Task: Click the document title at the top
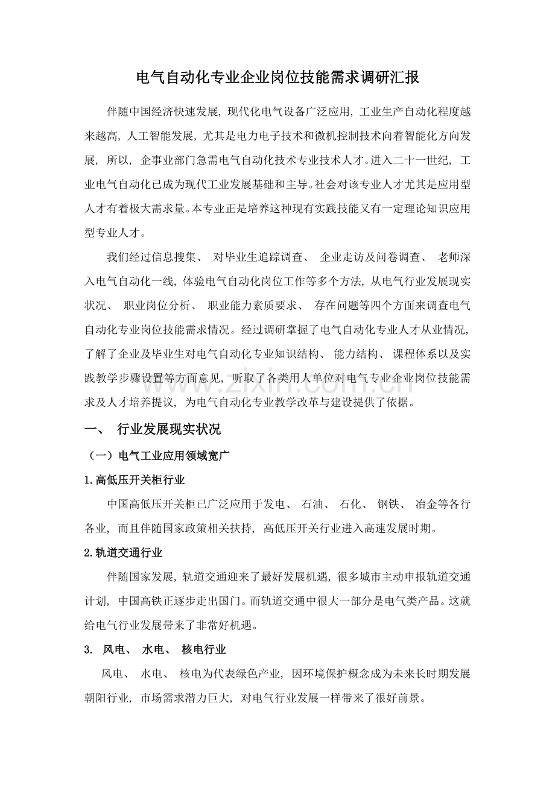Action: click(277, 78)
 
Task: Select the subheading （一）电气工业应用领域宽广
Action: click(157, 456)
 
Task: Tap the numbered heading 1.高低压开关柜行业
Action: click(134, 481)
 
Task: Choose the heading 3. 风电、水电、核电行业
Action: click(155, 649)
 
